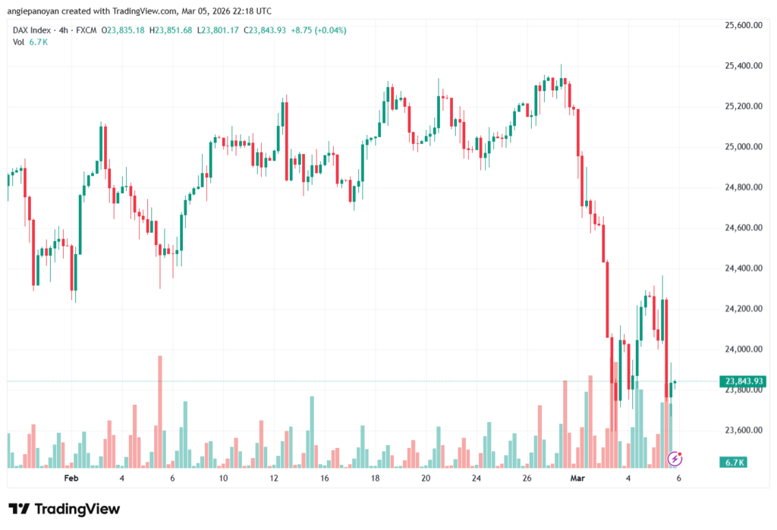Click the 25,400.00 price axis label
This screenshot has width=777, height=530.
point(743,66)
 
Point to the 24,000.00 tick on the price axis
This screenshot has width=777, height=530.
point(743,350)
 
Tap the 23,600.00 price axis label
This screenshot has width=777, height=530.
point(743,431)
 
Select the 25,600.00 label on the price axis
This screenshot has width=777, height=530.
point(743,26)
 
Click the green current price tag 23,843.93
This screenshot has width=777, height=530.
point(744,381)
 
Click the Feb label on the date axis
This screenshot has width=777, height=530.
point(71,478)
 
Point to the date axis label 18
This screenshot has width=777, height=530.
point(375,478)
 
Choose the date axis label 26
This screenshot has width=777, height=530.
point(527,478)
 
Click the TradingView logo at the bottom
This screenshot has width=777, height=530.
point(64,509)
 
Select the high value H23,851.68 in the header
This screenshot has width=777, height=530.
point(172,30)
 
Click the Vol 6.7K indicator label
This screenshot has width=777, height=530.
point(31,42)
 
